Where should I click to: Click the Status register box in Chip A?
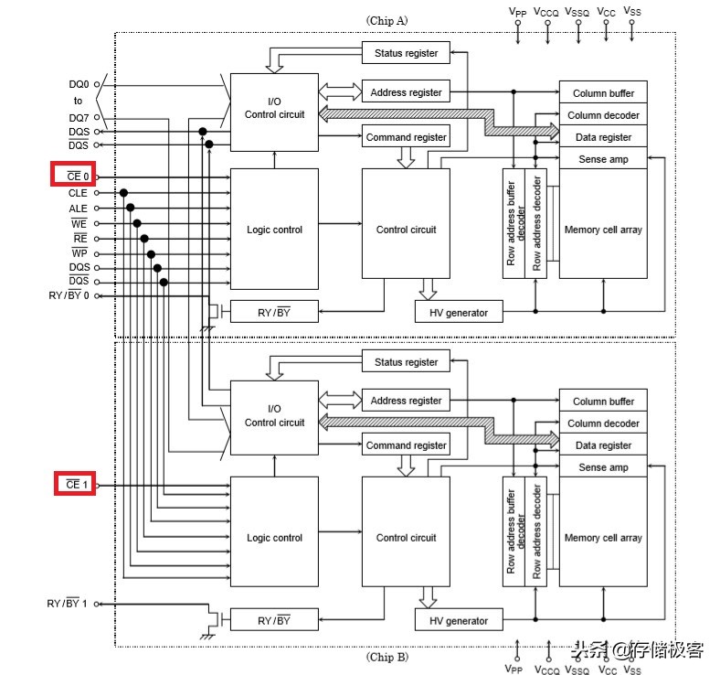(406, 53)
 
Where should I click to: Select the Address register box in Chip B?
(406, 401)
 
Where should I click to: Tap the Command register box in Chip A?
(406, 137)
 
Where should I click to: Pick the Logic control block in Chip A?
(274, 230)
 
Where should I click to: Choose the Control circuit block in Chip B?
(406, 538)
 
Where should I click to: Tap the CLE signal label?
(78, 193)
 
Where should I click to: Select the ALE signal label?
(78, 208)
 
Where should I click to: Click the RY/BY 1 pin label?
(69, 604)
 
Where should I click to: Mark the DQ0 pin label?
(79, 83)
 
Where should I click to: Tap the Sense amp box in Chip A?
(603, 159)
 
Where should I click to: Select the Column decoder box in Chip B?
(603, 423)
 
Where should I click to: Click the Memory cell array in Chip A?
(603, 230)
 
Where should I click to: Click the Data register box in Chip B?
(603, 445)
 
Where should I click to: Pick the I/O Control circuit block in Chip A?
(274, 109)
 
